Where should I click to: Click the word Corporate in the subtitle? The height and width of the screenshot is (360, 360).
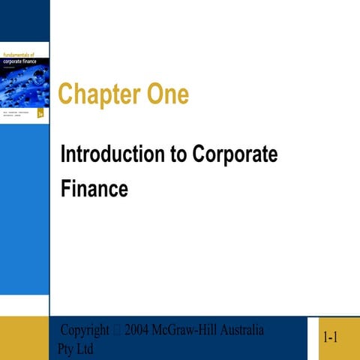click(235, 155)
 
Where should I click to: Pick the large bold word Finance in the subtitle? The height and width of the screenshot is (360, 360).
click(94, 189)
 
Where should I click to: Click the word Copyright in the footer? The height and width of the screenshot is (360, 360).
click(85, 331)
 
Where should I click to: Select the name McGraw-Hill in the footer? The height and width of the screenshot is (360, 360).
click(185, 331)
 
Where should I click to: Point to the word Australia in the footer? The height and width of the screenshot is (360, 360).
click(241, 331)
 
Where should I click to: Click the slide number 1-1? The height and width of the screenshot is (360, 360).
click(330, 339)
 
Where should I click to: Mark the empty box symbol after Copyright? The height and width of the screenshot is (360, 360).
click(118, 331)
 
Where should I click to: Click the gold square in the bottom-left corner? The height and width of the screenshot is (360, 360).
click(24, 338)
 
